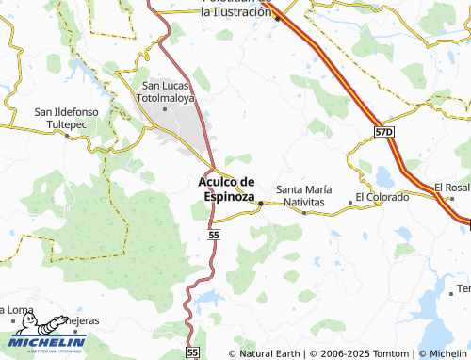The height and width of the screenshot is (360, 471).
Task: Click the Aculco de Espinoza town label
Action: tap(227, 188)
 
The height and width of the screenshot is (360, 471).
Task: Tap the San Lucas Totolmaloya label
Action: tap(166, 90)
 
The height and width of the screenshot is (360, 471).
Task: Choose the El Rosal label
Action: tap(451, 187)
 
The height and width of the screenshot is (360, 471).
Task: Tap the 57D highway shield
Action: tap(382, 133)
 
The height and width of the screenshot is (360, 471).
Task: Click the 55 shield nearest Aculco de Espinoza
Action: tap(215, 233)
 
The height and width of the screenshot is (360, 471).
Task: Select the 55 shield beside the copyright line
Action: tap(192, 352)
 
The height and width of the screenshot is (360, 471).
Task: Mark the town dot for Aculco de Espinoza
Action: tap(261, 201)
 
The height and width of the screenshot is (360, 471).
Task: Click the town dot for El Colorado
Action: tap(349, 201)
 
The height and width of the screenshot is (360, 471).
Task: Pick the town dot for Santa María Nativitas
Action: tap(303, 212)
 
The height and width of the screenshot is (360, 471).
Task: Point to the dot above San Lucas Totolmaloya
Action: tap(166, 109)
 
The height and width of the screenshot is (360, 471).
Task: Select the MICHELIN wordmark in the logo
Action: tap(48, 343)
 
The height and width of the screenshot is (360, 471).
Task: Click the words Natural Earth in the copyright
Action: tap(269, 353)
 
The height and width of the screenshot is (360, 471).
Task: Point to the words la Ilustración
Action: tap(235, 13)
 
